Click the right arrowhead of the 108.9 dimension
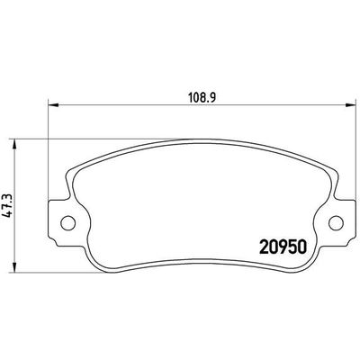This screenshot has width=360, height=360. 343,103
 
